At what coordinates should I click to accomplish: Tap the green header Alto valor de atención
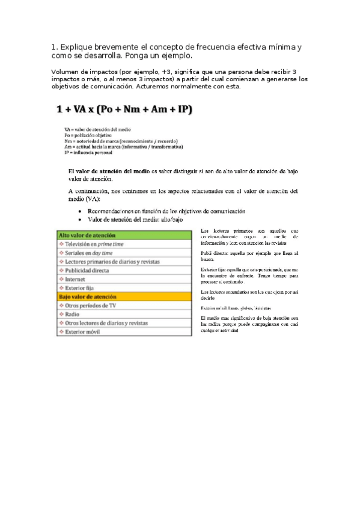coord(88,236)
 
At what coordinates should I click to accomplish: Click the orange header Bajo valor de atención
coord(88,296)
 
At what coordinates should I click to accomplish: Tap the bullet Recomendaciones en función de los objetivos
coord(166,211)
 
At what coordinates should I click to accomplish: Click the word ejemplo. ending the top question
coord(175,56)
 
